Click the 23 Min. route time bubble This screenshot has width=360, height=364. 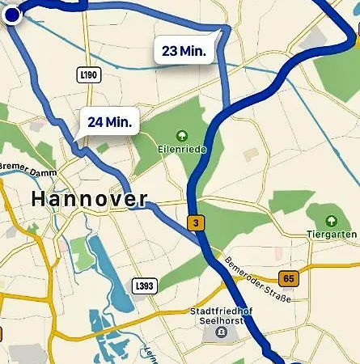tap(184, 50)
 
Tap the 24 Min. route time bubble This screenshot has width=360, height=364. tap(110, 122)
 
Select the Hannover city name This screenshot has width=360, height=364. tap(89, 199)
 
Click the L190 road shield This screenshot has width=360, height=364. tap(89, 74)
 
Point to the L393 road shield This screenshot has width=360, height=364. tap(144, 286)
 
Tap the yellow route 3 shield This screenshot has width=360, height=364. tap(194, 222)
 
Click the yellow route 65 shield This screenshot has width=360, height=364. tap(290, 278)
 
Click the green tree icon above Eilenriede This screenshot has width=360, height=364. tap(182, 136)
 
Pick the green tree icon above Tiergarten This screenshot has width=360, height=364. tap(331, 221)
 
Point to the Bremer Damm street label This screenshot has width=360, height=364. tap(26, 170)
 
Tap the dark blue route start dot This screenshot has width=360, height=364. tap(12, 16)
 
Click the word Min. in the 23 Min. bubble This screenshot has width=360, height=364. tap(193, 50)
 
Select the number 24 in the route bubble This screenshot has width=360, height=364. tap(96, 122)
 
